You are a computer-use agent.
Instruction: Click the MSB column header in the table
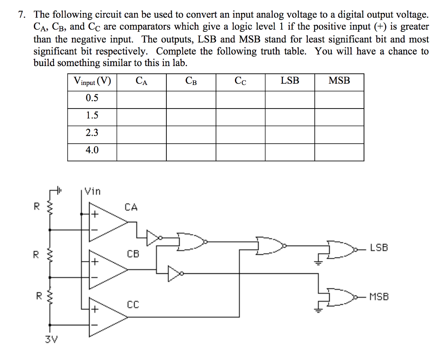[339, 81]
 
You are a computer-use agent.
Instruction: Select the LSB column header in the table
[290, 81]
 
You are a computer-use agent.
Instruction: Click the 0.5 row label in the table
[92, 98]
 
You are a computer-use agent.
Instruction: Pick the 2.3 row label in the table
[92, 133]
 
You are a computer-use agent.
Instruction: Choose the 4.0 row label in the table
[92, 151]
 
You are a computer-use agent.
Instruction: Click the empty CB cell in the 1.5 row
[191, 116]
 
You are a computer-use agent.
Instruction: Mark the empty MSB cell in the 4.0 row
[339, 151]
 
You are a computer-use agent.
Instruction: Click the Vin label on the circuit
[92, 191]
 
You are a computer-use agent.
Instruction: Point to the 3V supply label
[51, 340]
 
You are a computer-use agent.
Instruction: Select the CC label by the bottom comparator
[133, 305]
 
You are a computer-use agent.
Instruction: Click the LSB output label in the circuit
[379, 248]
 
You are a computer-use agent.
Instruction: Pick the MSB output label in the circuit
[379, 296]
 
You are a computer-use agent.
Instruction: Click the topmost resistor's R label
[36, 206]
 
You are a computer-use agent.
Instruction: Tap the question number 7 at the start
[21, 15]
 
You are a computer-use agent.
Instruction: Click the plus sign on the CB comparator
[93, 261]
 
